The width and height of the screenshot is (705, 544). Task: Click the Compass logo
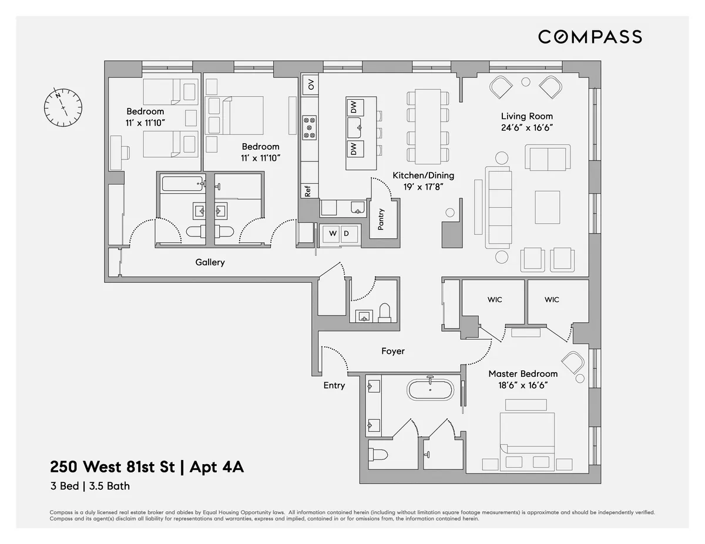(x=590, y=37)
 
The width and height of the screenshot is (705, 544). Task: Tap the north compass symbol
(x=63, y=106)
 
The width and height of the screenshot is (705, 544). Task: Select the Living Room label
(x=526, y=116)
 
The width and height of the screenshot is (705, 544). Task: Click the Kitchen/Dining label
(x=423, y=175)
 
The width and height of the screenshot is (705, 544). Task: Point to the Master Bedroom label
(x=523, y=374)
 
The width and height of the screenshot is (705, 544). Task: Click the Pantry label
(x=381, y=219)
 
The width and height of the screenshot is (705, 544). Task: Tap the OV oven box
(x=311, y=85)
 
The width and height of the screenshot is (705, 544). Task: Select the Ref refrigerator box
(x=307, y=191)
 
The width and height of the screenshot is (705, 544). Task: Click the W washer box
(x=333, y=234)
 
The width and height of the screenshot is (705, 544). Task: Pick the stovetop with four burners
(x=310, y=127)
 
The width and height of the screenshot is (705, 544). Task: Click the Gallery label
(x=210, y=262)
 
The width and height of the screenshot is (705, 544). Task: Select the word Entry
(x=334, y=386)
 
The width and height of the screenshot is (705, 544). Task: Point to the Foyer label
(x=392, y=351)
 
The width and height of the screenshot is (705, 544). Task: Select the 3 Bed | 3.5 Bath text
(x=89, y=486)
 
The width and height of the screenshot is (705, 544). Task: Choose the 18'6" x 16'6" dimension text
(x=523, y=386)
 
